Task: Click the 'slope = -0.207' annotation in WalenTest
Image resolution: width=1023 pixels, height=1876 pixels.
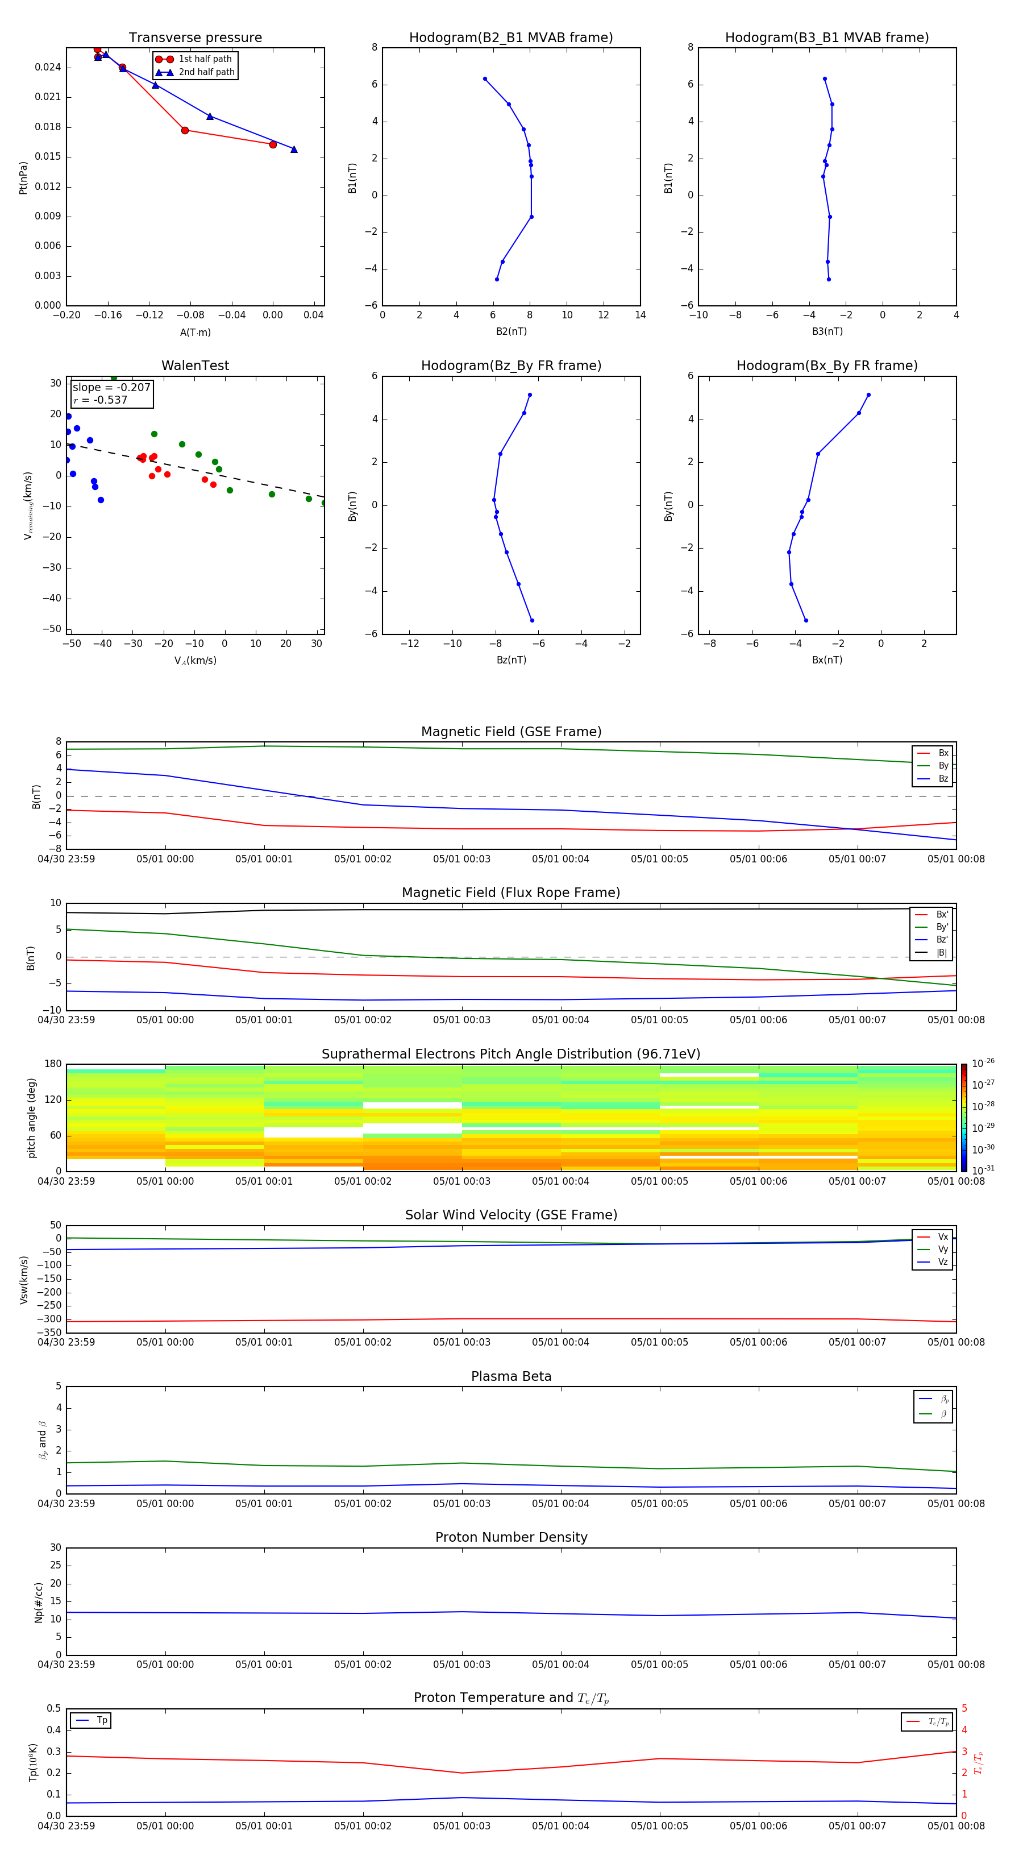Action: click(111, 388)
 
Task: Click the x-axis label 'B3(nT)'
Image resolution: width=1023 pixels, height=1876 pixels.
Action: click(827, 331)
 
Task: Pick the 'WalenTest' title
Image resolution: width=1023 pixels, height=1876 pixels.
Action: click(195, 366)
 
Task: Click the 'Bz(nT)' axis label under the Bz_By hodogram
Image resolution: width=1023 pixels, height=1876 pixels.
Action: click(511, 660)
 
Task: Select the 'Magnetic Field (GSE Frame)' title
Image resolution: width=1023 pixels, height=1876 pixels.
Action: click(511, 732)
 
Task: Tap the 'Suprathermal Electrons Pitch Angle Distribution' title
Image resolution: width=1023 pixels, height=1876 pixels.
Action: click(511, 1054)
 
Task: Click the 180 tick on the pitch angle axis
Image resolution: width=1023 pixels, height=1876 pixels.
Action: click(53, 1064)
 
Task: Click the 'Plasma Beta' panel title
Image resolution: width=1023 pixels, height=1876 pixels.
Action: click(511, 1376)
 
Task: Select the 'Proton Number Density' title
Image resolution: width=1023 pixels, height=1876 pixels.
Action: click(511, 1537)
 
